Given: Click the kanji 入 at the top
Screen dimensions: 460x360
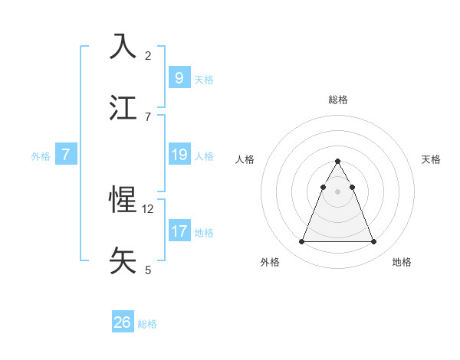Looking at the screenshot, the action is tap(123, 46).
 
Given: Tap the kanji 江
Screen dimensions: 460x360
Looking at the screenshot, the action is tap(123, 107).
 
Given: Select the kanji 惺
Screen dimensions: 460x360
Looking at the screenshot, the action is tap(123, 200).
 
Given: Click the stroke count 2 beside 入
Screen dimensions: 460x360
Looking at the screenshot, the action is tap(148, 56).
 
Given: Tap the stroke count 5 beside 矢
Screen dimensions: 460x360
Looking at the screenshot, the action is tap(148, 270).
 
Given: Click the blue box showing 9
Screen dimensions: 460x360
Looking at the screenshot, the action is tap(179, 77).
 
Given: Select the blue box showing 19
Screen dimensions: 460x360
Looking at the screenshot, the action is tap(179, 155).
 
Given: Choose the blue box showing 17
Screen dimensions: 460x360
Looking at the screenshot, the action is tap(179, 231).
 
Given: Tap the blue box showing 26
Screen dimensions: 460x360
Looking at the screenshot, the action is tap(123, 322).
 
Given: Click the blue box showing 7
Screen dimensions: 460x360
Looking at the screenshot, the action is tap(66, 155).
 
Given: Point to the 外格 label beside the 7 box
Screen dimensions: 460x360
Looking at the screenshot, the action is tap(41, 156).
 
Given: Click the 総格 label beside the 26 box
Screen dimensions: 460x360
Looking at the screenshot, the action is tap(147, 324).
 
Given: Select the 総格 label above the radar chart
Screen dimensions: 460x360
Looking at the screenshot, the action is tap(338, 100).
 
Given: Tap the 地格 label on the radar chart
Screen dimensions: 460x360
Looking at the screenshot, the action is tap(402, 262).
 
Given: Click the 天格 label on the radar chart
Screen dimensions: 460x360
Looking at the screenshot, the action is tap(431, 159).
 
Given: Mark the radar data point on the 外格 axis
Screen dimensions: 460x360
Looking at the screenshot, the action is tap(302, 242).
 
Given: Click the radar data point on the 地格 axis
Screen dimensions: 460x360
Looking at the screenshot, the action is tap(373, 242).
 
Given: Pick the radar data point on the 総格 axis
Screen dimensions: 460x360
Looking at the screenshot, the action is tap(338, 161).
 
